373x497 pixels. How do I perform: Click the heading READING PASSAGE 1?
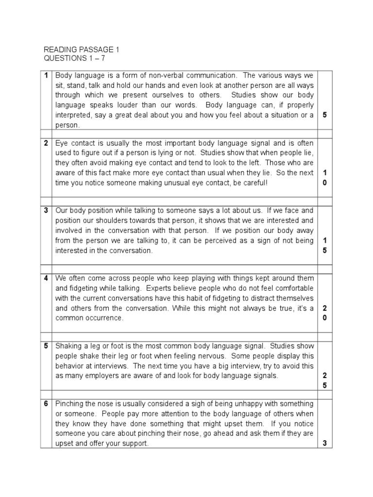(x=81, y=50)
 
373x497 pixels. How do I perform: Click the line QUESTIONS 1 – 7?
(x=74, y=59)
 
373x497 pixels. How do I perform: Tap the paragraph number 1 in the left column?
(x=46, y=75)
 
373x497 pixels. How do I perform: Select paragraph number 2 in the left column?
(x=46, y=143)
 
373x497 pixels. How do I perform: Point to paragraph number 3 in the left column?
(x=46, y=211)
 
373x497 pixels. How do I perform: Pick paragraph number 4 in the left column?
(x=46, y=278)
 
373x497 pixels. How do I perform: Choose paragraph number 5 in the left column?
(x=46, y=346)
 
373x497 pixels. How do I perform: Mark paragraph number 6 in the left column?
(x=46, y=404)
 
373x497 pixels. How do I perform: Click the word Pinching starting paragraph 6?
(x=69, y=404)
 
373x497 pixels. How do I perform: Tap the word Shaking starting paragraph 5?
(x=68, y=346)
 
